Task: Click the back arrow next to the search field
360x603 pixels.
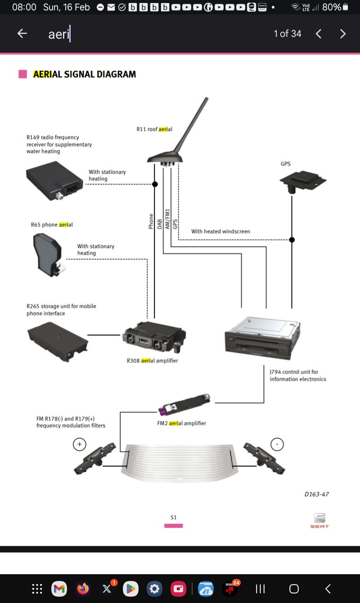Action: [x=22, y=33]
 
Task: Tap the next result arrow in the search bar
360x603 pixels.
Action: [x=343, y=34]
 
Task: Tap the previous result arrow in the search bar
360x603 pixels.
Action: [x=319, y=34]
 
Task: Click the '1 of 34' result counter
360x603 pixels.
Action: [x=287, y=34]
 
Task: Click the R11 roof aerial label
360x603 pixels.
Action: [x=154, y=129]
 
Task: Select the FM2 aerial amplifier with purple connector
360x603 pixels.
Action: [x=184, y=404]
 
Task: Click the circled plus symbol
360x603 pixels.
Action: [x=79, y=445]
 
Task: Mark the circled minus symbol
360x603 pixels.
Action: [x=277, y=445]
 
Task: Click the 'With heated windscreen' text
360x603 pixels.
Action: [x=220, y=231]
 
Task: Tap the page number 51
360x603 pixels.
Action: [x=174, y=517]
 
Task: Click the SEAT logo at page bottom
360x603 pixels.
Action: [x=319, y=521]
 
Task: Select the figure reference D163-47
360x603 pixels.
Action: [x=317, y=494]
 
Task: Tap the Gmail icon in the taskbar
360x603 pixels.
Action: [x=59, y=589]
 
